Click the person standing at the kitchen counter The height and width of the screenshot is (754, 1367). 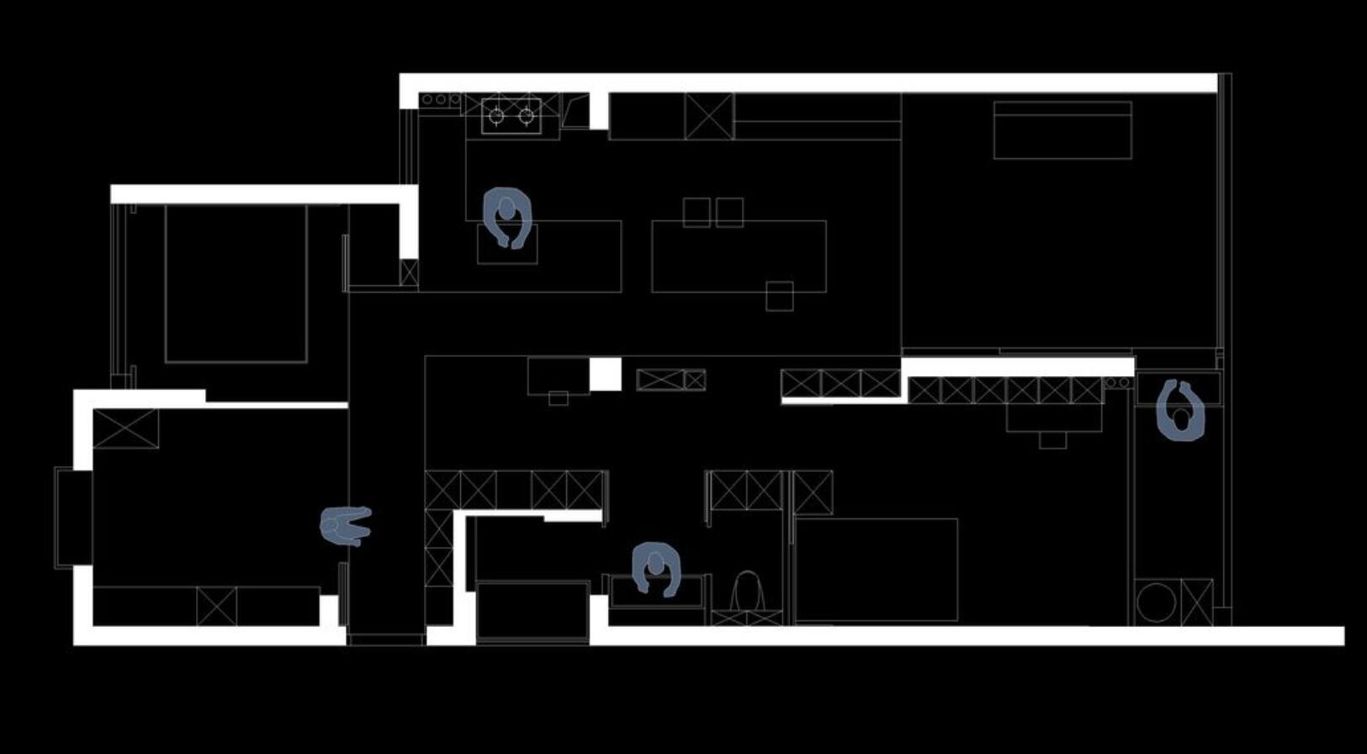507,215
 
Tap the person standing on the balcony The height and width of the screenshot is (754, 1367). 1181,411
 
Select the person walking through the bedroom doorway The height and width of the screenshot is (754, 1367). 345,525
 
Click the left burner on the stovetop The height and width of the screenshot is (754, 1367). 496,115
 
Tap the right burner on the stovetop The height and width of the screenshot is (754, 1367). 527,115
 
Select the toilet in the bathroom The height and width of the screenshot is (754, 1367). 746,591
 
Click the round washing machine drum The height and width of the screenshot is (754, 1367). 1156,603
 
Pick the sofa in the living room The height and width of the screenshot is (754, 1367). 1062,130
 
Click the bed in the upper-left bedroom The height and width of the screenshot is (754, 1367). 236,284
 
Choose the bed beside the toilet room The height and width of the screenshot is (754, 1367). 876,570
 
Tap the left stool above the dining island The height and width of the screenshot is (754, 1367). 697,212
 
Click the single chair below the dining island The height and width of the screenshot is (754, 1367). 779,296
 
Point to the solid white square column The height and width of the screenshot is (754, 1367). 605,374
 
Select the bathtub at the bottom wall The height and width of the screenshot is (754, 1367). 532,610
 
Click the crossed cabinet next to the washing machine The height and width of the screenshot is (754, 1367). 1196,603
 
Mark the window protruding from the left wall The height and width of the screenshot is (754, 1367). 73,518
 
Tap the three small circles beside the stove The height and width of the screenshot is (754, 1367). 440,100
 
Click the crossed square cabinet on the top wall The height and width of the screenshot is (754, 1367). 708,116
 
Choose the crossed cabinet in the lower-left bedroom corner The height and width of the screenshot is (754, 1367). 125,428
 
